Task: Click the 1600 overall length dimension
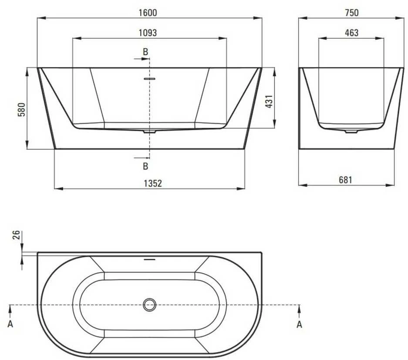click(148, 13)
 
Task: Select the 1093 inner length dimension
click(148, 33)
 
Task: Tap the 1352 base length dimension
click(153, 183)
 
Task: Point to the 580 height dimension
click(22, 109)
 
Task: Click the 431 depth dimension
click(269, 101)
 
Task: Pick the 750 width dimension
click(352, 13)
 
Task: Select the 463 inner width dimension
click(351, 33)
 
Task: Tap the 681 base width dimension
click(346, 180)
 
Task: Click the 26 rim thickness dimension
click(16, 235)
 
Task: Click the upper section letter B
click(145, 52)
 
